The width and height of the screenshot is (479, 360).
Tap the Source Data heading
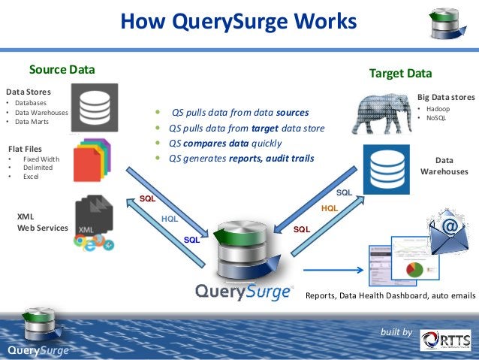click(62, 70)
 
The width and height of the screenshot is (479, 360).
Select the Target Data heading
click(400, 74)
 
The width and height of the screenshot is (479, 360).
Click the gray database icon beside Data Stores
click(95, 107)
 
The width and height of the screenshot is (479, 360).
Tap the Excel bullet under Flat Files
click(31, 177)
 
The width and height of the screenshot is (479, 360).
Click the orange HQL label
click(330, 207)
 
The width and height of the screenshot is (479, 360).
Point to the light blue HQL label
click(170, 219)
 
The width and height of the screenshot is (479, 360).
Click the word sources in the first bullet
click(292, 113)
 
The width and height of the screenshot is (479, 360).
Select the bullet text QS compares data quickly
click(224, 143)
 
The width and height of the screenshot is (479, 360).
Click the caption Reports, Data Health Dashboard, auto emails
click(390, 296)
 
